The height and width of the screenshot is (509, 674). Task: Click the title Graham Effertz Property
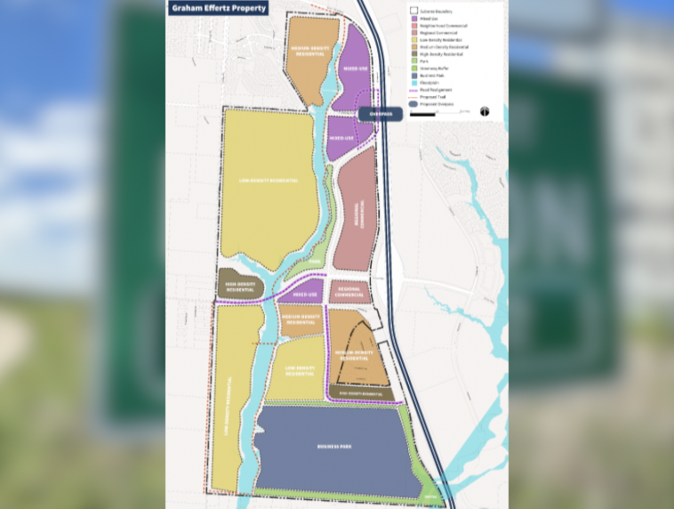point(218,8)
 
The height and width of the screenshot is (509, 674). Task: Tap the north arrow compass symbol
point(485,112)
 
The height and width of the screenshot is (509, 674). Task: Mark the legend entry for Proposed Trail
point(433,97)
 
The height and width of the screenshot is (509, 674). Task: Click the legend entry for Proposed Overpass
point(436,104)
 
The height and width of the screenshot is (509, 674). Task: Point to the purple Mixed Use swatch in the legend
point(413,19)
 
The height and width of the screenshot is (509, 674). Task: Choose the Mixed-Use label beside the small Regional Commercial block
point(305,294)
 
